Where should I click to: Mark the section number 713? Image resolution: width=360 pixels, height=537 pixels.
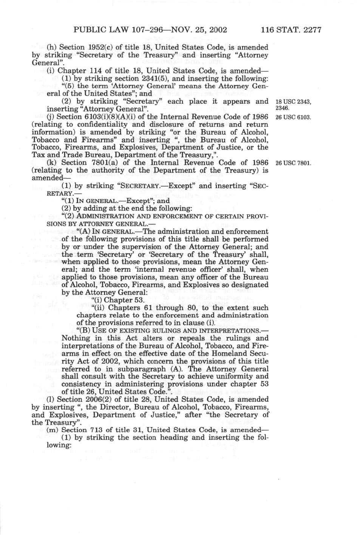tap(96, 430)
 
